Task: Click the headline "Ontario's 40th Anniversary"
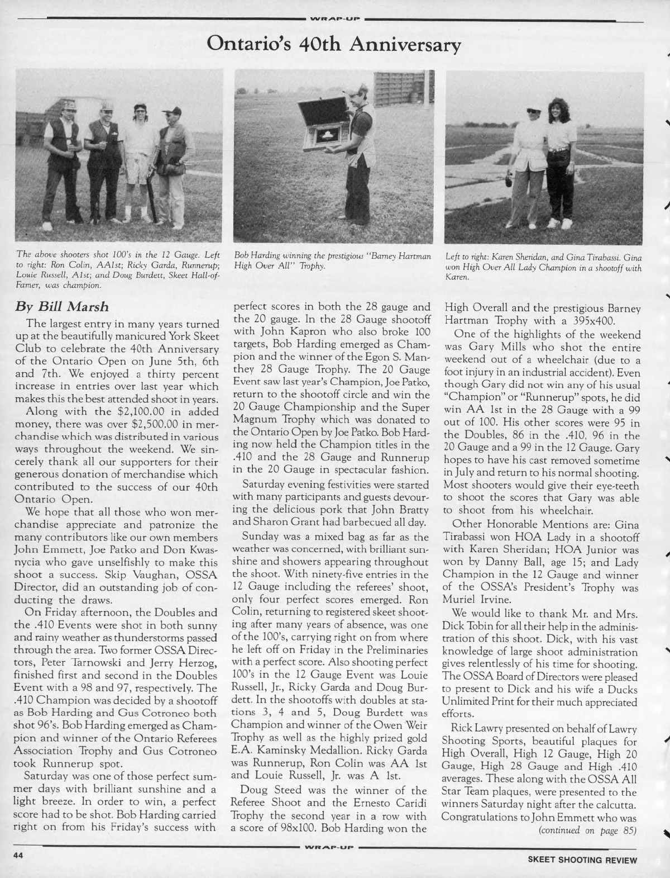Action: (334, 43)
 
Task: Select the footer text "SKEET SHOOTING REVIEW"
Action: (582, 860)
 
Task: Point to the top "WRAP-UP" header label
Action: (334, 18)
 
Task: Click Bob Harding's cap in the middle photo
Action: (354, 91)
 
